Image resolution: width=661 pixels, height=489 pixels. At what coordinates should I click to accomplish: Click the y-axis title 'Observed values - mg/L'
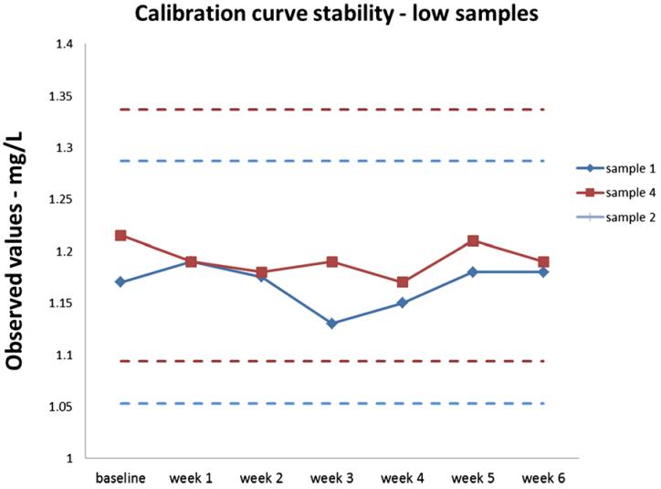click(x=16, y=249)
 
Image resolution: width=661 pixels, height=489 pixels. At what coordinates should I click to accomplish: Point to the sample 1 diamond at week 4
click(x=403, y=303)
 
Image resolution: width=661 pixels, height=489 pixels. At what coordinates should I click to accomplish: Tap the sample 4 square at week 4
click(x=403, y=282)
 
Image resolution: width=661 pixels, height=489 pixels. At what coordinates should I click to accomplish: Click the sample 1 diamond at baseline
click(x=121, y=282)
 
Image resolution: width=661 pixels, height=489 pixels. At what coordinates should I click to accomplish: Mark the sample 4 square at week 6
click(x=543, y=261)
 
